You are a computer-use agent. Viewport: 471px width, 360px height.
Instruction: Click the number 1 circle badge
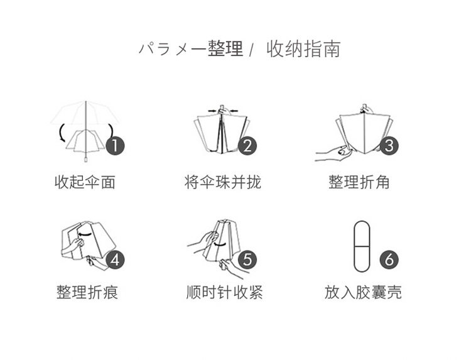pyautogui.click(x=116, y=146)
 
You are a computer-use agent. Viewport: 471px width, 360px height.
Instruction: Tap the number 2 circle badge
pyautogui.click(x=247, y=146)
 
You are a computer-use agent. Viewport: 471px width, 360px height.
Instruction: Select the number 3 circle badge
pyautogui.click(x=389, y=146)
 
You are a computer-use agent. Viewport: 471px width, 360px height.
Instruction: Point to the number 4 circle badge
pyautogui.click(x=116, y=259)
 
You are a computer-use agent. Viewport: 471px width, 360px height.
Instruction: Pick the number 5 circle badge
pyautogui.click(x=247, y=259)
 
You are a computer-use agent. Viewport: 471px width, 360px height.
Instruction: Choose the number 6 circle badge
pyautogui.click(x=389, y=259)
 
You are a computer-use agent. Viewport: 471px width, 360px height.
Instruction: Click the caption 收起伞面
pyautogui.click(x=85, y=182)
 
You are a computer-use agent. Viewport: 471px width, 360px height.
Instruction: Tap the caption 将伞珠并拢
pyautogui.click(x=223, y=182)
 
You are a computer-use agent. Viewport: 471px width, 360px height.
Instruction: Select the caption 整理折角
pyautogui.click(x=359, y=182)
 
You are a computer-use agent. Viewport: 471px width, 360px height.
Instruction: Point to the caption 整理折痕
pyautogui.click(x=87, y=292)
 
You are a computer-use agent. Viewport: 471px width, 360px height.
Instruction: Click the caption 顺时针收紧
pyautogui.click(x=225, y=292)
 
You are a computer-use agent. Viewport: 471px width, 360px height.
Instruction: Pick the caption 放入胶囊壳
pyautogui.click(x=363, y=292)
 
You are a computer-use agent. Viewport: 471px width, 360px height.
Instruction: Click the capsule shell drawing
pyautogui.click(x=362, y=247)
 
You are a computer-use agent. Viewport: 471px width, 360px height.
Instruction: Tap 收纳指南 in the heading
pyautogui.click(x=303, y=49)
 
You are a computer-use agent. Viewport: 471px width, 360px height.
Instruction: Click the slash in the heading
pyautogui.click(x=251, y=50)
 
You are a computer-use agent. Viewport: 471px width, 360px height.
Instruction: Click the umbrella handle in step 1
pyautogui.click(x=86, y=158)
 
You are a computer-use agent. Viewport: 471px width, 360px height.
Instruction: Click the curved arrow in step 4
pyautogui.click(x=85, y=234)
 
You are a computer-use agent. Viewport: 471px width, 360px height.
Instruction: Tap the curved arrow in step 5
pyautogui.click(x=219, y=244)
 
